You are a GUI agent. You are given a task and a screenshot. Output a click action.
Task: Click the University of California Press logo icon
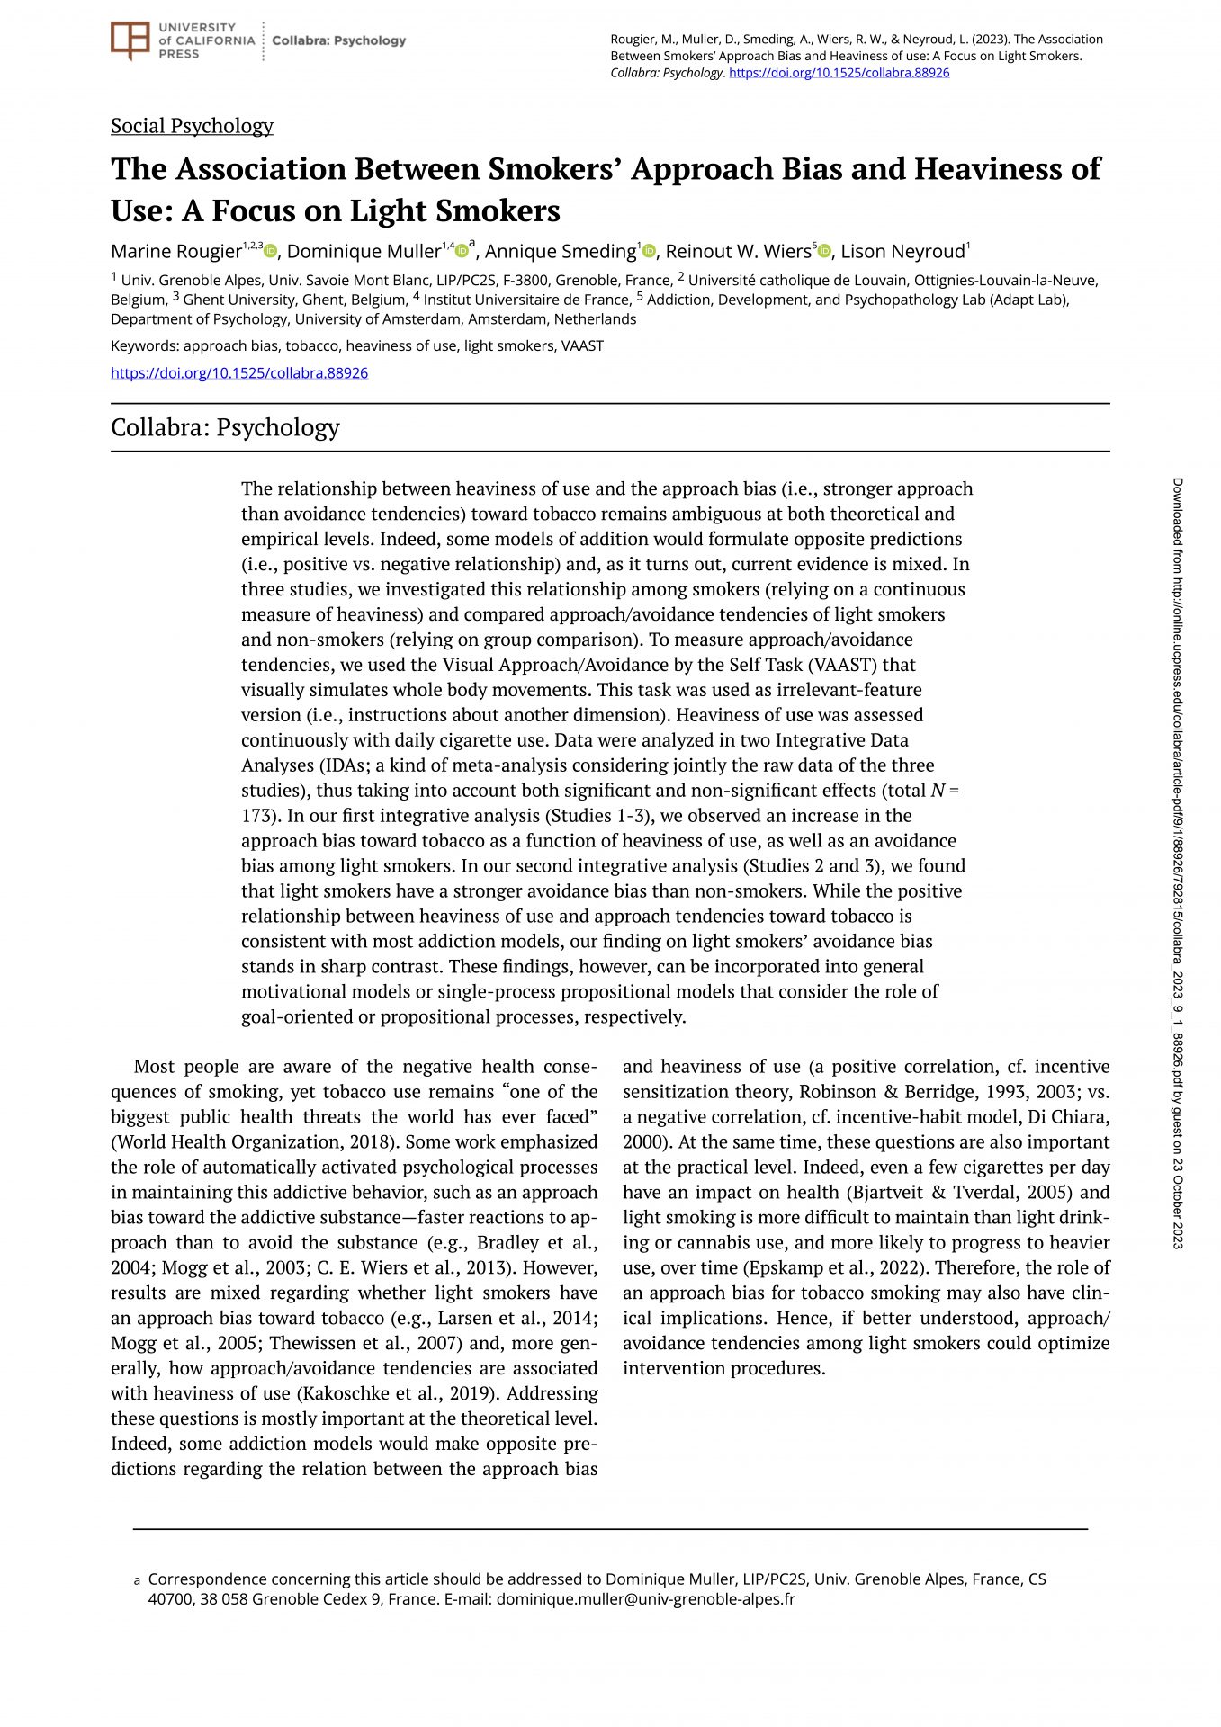pyautogui.click(x=130, y=40)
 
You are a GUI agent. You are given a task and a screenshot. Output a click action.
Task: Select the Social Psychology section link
pyautogui.click(x=192, y=126)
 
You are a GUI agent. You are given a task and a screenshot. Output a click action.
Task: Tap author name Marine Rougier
pyautogui.click(x=176, y=252)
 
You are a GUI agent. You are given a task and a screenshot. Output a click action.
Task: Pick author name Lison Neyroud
pyautogui.click(x=902, y=252)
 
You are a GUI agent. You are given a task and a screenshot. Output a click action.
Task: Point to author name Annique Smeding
pyautogui.click(x=561, y=252)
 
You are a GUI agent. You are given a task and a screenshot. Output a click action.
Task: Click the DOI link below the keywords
pyautogui.click(x=239, y=373)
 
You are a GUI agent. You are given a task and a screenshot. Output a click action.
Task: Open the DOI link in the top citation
pyautogui.click(x=839, y=73)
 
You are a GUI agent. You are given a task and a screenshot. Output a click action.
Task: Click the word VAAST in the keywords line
pyautogui.click(x=582, y=346)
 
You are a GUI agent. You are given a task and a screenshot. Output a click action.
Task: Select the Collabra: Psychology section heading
pyautogui.click(x=225, y=427)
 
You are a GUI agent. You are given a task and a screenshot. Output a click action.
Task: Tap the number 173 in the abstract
pyautogui.click(x=261, y=816)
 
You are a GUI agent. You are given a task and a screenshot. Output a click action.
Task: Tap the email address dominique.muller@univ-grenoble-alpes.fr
pyautogui.click(x=645, y=1599)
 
